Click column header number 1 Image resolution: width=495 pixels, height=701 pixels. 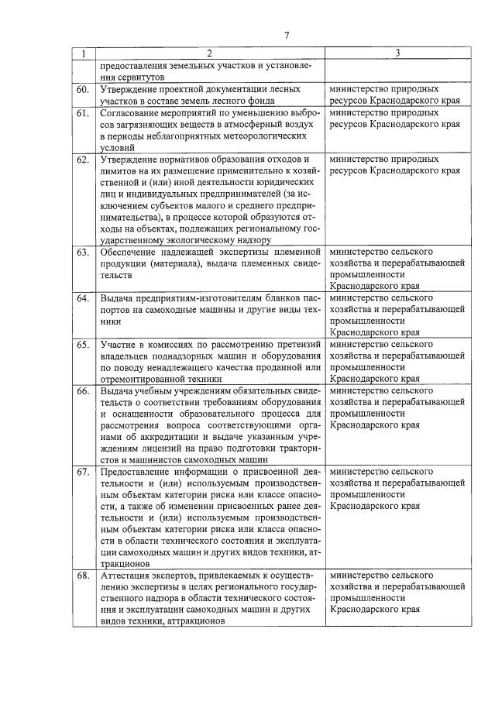tap(83, 53)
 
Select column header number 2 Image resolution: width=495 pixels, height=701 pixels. tap(208, 53)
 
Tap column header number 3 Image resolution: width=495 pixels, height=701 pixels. tap(397, 53)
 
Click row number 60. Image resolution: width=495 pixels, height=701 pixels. tap(83, 90)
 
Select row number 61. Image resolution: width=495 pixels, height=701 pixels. tap(83, 113)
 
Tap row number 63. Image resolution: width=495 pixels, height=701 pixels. tap(83, 253)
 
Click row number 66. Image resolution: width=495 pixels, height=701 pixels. tap(83, 391)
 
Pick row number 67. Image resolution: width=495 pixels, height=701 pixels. tap(83, 472)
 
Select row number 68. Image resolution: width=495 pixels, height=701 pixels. tap(83, 576)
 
